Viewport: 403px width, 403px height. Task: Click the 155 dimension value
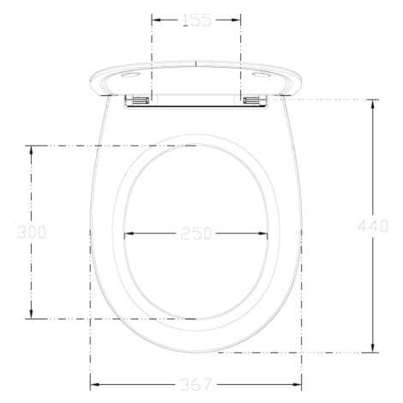click(x=196, y=21)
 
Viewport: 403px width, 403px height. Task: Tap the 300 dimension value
click(x=32, y=232)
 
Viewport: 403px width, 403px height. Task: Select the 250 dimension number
click(x=196, y=233)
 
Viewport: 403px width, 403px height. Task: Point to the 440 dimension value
click(x=373, y=226)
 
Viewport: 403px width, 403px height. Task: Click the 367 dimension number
click(x=196, y=385)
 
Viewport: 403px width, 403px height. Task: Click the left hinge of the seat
click(x=141, y=100)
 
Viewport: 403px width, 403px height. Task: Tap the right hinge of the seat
click(x=251, y=100)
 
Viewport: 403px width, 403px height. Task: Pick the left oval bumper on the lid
click(x=130, y=75)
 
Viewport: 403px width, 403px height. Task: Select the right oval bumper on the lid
click(x=261, y=75)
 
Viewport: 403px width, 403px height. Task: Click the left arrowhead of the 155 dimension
click(x=156, y=20)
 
